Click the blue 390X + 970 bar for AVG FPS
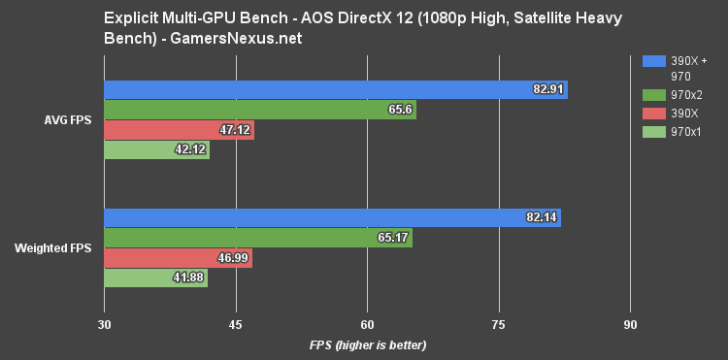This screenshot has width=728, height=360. [x=335, y=89]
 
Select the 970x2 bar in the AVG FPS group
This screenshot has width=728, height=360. [x=259, y=110]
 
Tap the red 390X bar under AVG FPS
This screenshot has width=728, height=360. [x=179, y=130]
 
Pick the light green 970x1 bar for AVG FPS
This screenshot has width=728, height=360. [x=156, y=150]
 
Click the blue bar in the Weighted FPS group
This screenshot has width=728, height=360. [x=332, y=217]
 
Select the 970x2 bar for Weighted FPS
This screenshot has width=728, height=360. [x=257, y=238]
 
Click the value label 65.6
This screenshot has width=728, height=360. [x=400, y=111]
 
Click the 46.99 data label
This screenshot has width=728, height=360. [x=233, y=259]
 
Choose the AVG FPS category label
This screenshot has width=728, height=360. [x=67, y=120]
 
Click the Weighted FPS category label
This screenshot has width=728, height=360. [x=53, y=248]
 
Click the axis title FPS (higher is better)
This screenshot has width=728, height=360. [x=368, y=344]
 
